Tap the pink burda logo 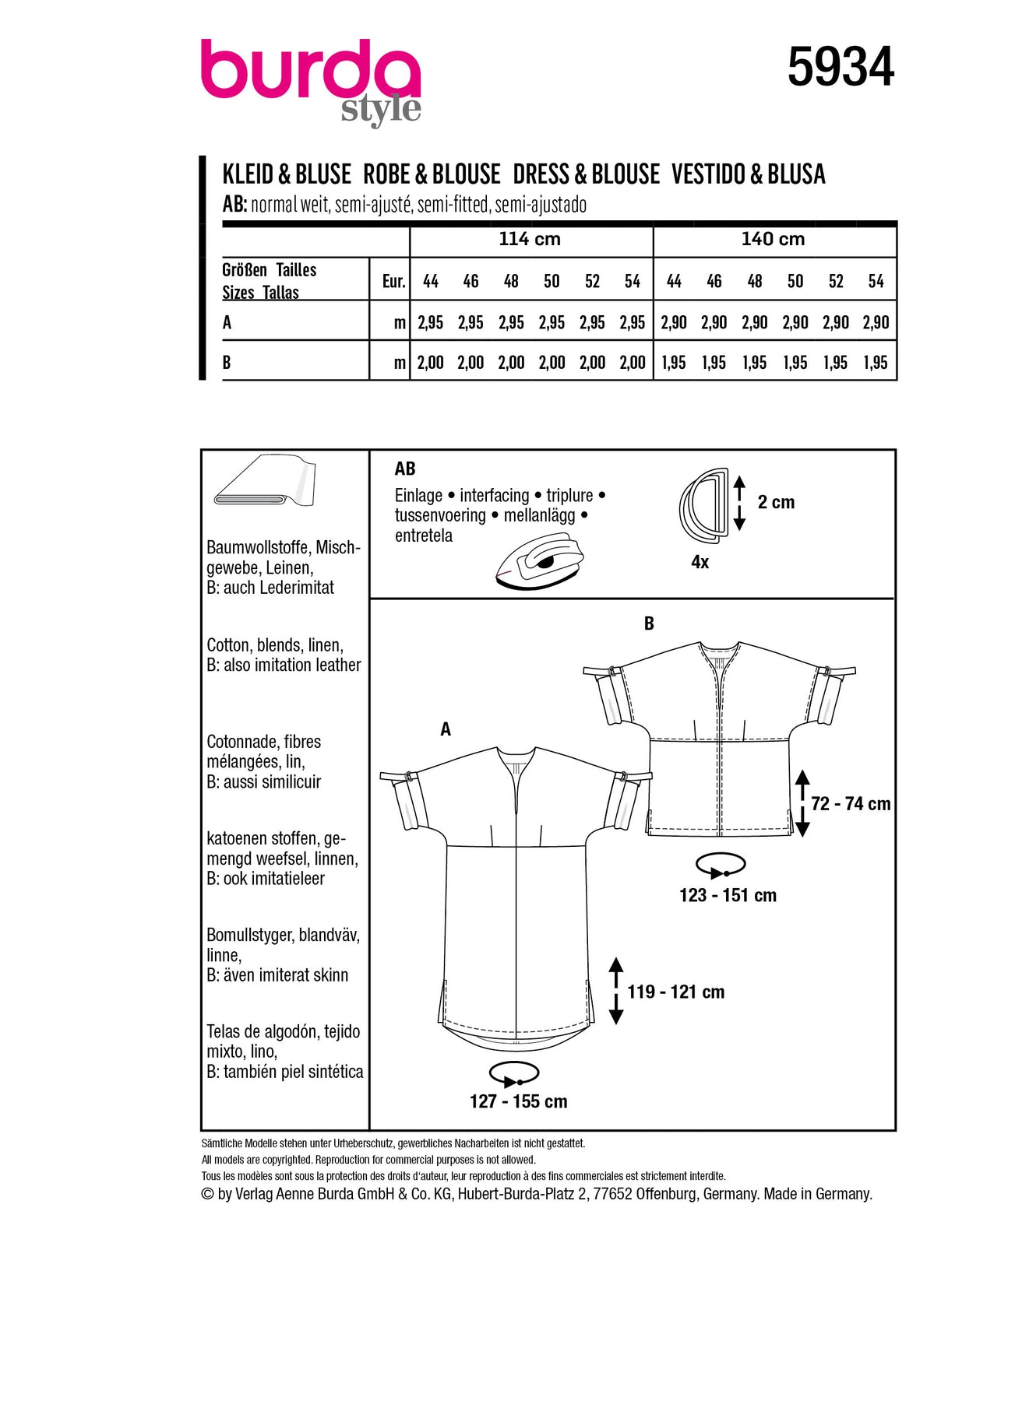point(310,74)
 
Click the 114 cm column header point(530,239)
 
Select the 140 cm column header point(773,239)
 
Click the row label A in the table point(227,322)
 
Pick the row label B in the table point(227,363)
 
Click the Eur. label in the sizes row point(393,282)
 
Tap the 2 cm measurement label point(776,503)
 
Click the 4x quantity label point(700,562)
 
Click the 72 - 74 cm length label point(850,804)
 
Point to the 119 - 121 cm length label point(675,992)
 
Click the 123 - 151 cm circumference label point(728,895)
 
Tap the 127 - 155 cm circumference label point(518,1101)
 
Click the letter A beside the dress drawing point(446,729)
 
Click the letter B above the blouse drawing point(649,623)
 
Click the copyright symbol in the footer point(207,1194)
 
